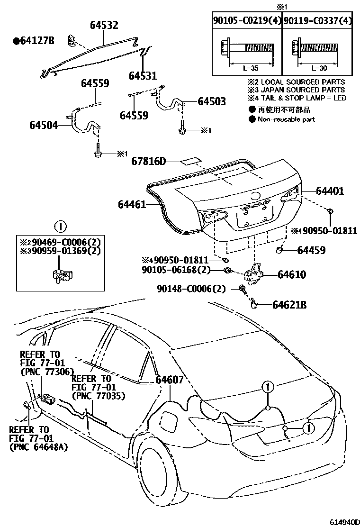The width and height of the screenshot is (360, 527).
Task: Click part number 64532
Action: click(x=104, y=26)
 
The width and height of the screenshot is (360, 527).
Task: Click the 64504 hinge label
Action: click(x=44, y=126)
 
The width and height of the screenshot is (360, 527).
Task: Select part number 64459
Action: click(x=312, y=249)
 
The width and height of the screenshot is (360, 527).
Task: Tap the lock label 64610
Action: click(x=292, y=274)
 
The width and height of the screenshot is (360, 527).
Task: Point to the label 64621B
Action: click(x=289, y=305)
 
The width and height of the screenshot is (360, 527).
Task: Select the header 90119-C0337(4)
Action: click(x=318, y=20)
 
